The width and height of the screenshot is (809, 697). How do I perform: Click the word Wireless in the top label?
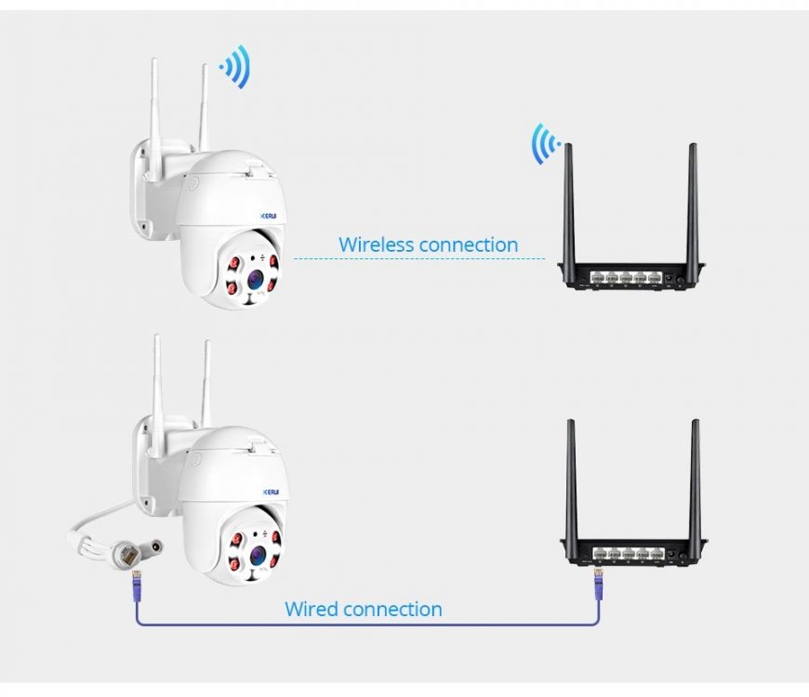pos(376,245)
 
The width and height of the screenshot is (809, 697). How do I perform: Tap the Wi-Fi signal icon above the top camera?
pos(236,68)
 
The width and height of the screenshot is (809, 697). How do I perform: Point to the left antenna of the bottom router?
pos(572,479)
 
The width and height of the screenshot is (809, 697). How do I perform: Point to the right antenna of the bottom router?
pos(695,479)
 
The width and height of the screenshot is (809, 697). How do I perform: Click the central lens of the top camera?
pos(255,276)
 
